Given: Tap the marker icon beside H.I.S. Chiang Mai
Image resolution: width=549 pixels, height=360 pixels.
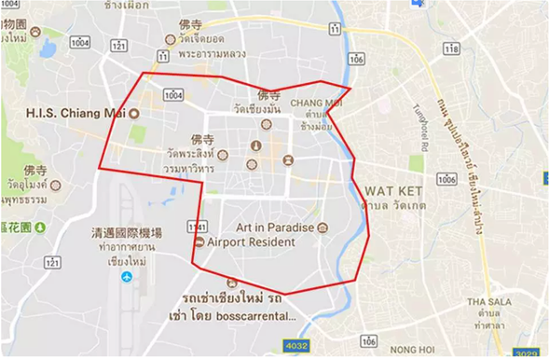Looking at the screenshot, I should coord(133,114).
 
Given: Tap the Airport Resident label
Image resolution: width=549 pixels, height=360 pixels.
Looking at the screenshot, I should coord(251,242).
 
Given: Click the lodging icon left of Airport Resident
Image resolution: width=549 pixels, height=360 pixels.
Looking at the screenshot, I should coord(199,242).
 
